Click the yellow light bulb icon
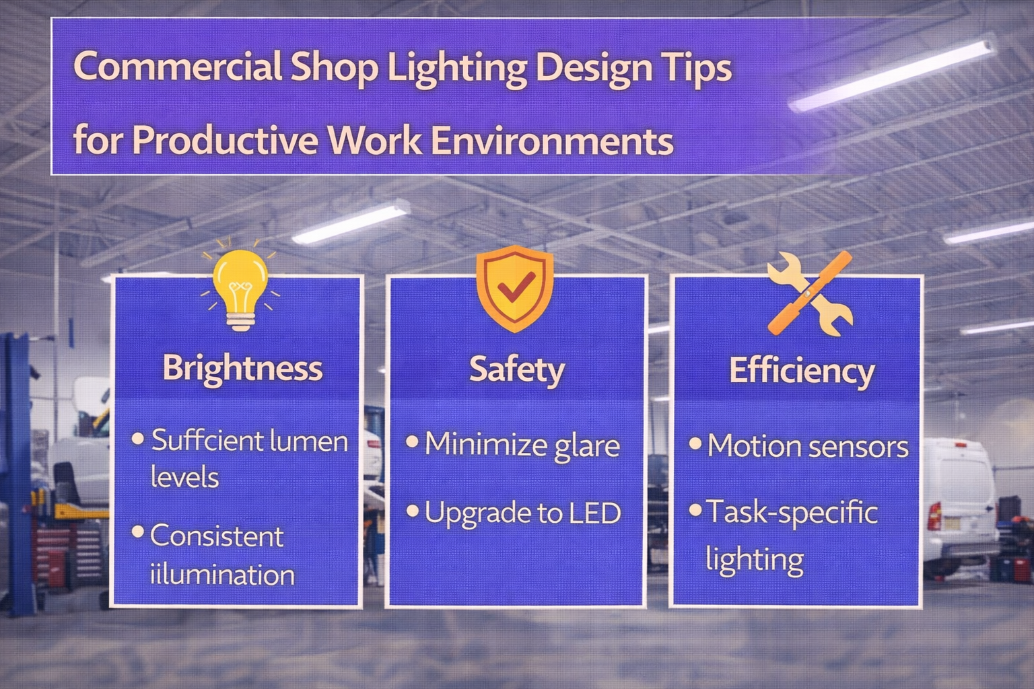point(240,286)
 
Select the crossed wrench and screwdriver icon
point(810,293)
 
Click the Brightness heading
point(242,368)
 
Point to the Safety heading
point(516,369)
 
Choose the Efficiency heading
point(802,371)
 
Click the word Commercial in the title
point(176,67)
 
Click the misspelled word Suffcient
point(207,441)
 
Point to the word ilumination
point(221,575)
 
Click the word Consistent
point(216,536)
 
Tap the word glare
point(586,446)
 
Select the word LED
point(594,513)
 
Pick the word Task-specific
point(792,513)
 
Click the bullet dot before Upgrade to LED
point(413,511)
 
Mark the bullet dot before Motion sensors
point(695,444)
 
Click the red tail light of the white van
point(934,515)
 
